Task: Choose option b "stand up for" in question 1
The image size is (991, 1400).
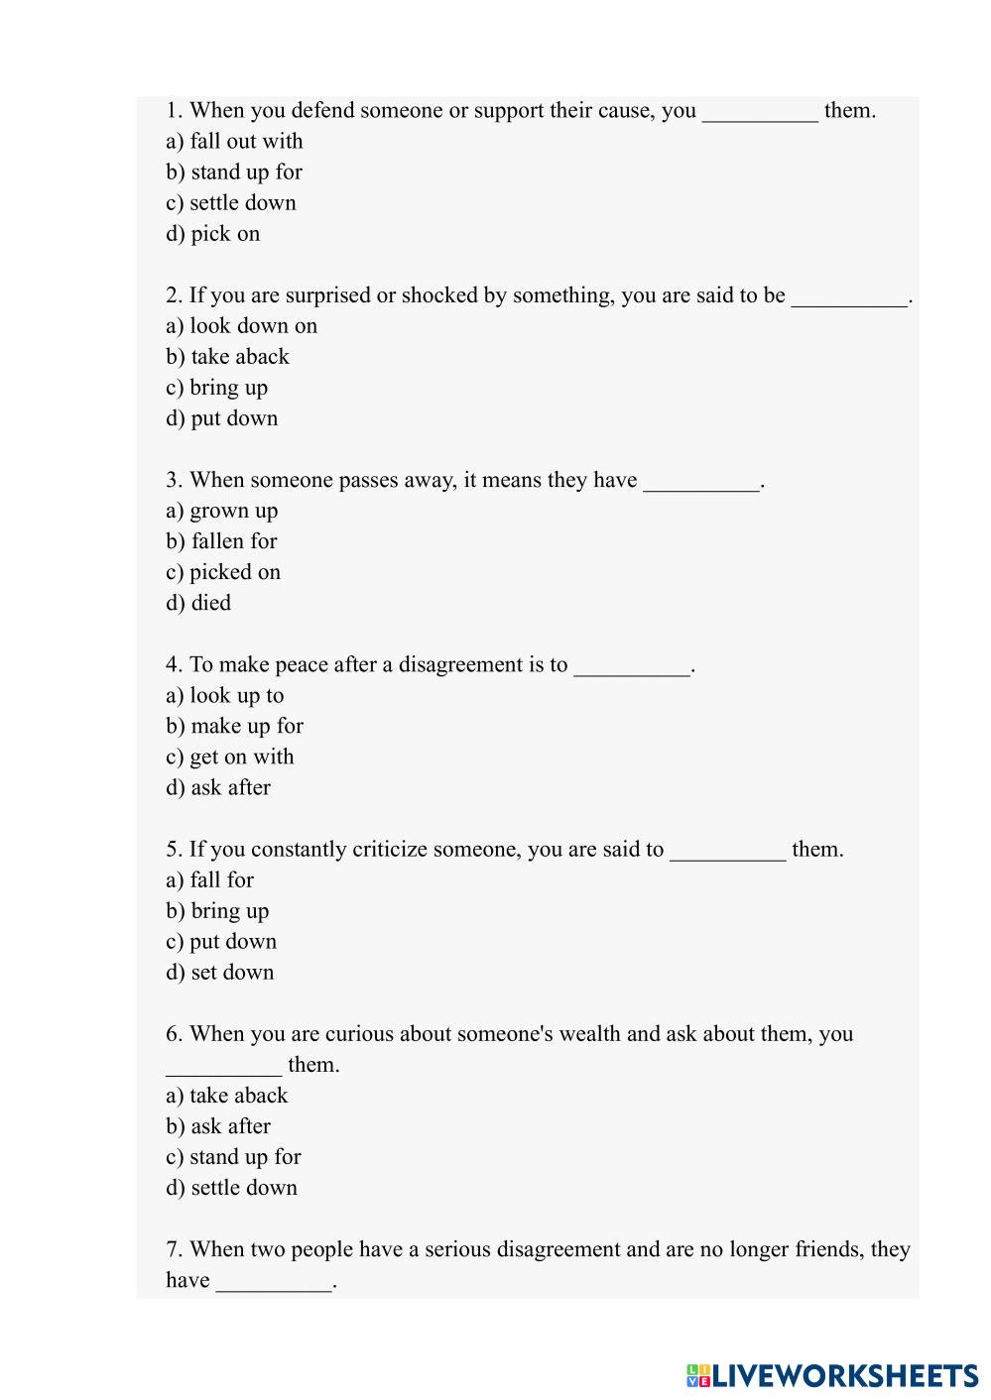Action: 234,172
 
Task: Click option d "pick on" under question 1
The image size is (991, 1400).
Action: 213,233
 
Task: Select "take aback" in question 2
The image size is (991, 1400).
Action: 228,356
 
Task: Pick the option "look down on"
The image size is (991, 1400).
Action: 242,325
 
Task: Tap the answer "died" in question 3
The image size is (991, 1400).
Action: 198,602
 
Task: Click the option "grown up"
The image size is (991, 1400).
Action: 222,511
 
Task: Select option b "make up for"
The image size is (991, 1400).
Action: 235,726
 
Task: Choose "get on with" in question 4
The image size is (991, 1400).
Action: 230,757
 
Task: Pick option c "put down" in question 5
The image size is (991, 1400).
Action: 221,941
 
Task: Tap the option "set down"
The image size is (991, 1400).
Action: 220,972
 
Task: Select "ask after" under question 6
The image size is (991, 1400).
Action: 218,1125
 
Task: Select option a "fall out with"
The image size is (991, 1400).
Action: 235,141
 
